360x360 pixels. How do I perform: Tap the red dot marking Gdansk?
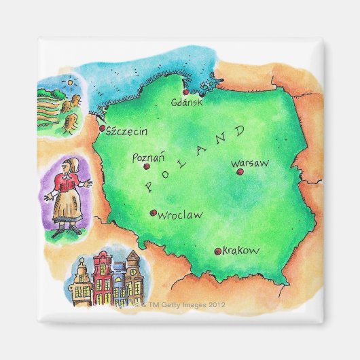tap(185, 93)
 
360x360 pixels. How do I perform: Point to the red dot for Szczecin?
tap(102, 128)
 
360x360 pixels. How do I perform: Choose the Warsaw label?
tap(249, 163)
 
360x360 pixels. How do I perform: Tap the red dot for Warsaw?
tap(239, 172)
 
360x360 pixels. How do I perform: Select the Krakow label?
tap(240, 251)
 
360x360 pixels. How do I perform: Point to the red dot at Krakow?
tap(217, 251)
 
